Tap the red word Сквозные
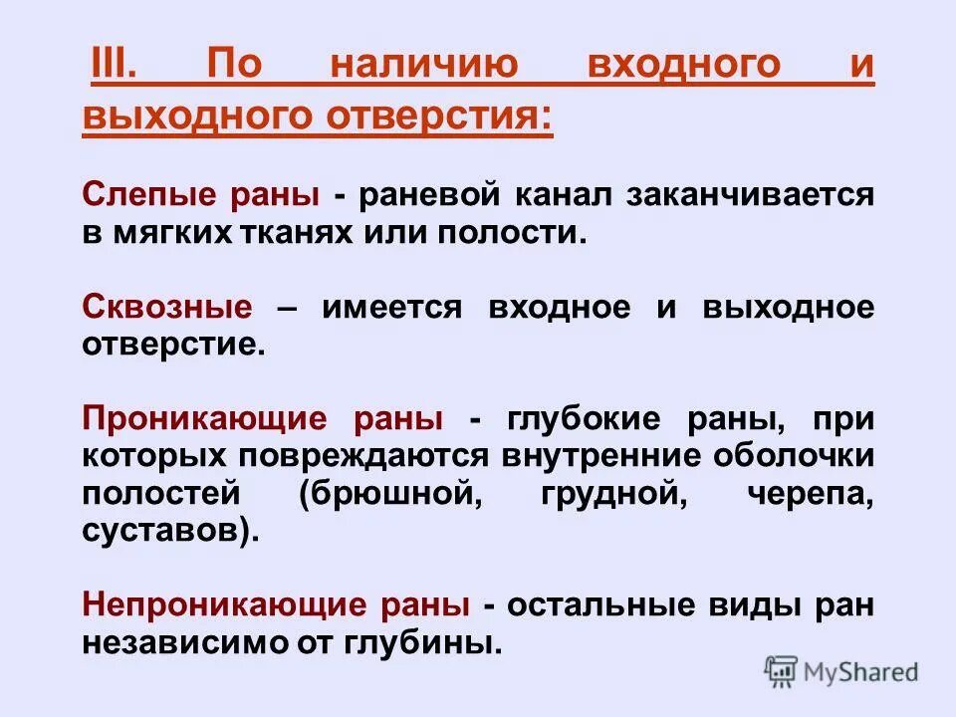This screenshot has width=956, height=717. pyautogui.click(x=167, y=307)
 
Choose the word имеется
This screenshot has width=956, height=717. pyautogui.click(x=392, y=307)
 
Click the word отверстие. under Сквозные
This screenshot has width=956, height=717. pyautogui.click(x=174, y=346)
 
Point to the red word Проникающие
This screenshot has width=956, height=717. pyautogui.click(x=204, y=419)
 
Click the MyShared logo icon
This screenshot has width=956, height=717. pyautogui.click(x=782, y=670)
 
